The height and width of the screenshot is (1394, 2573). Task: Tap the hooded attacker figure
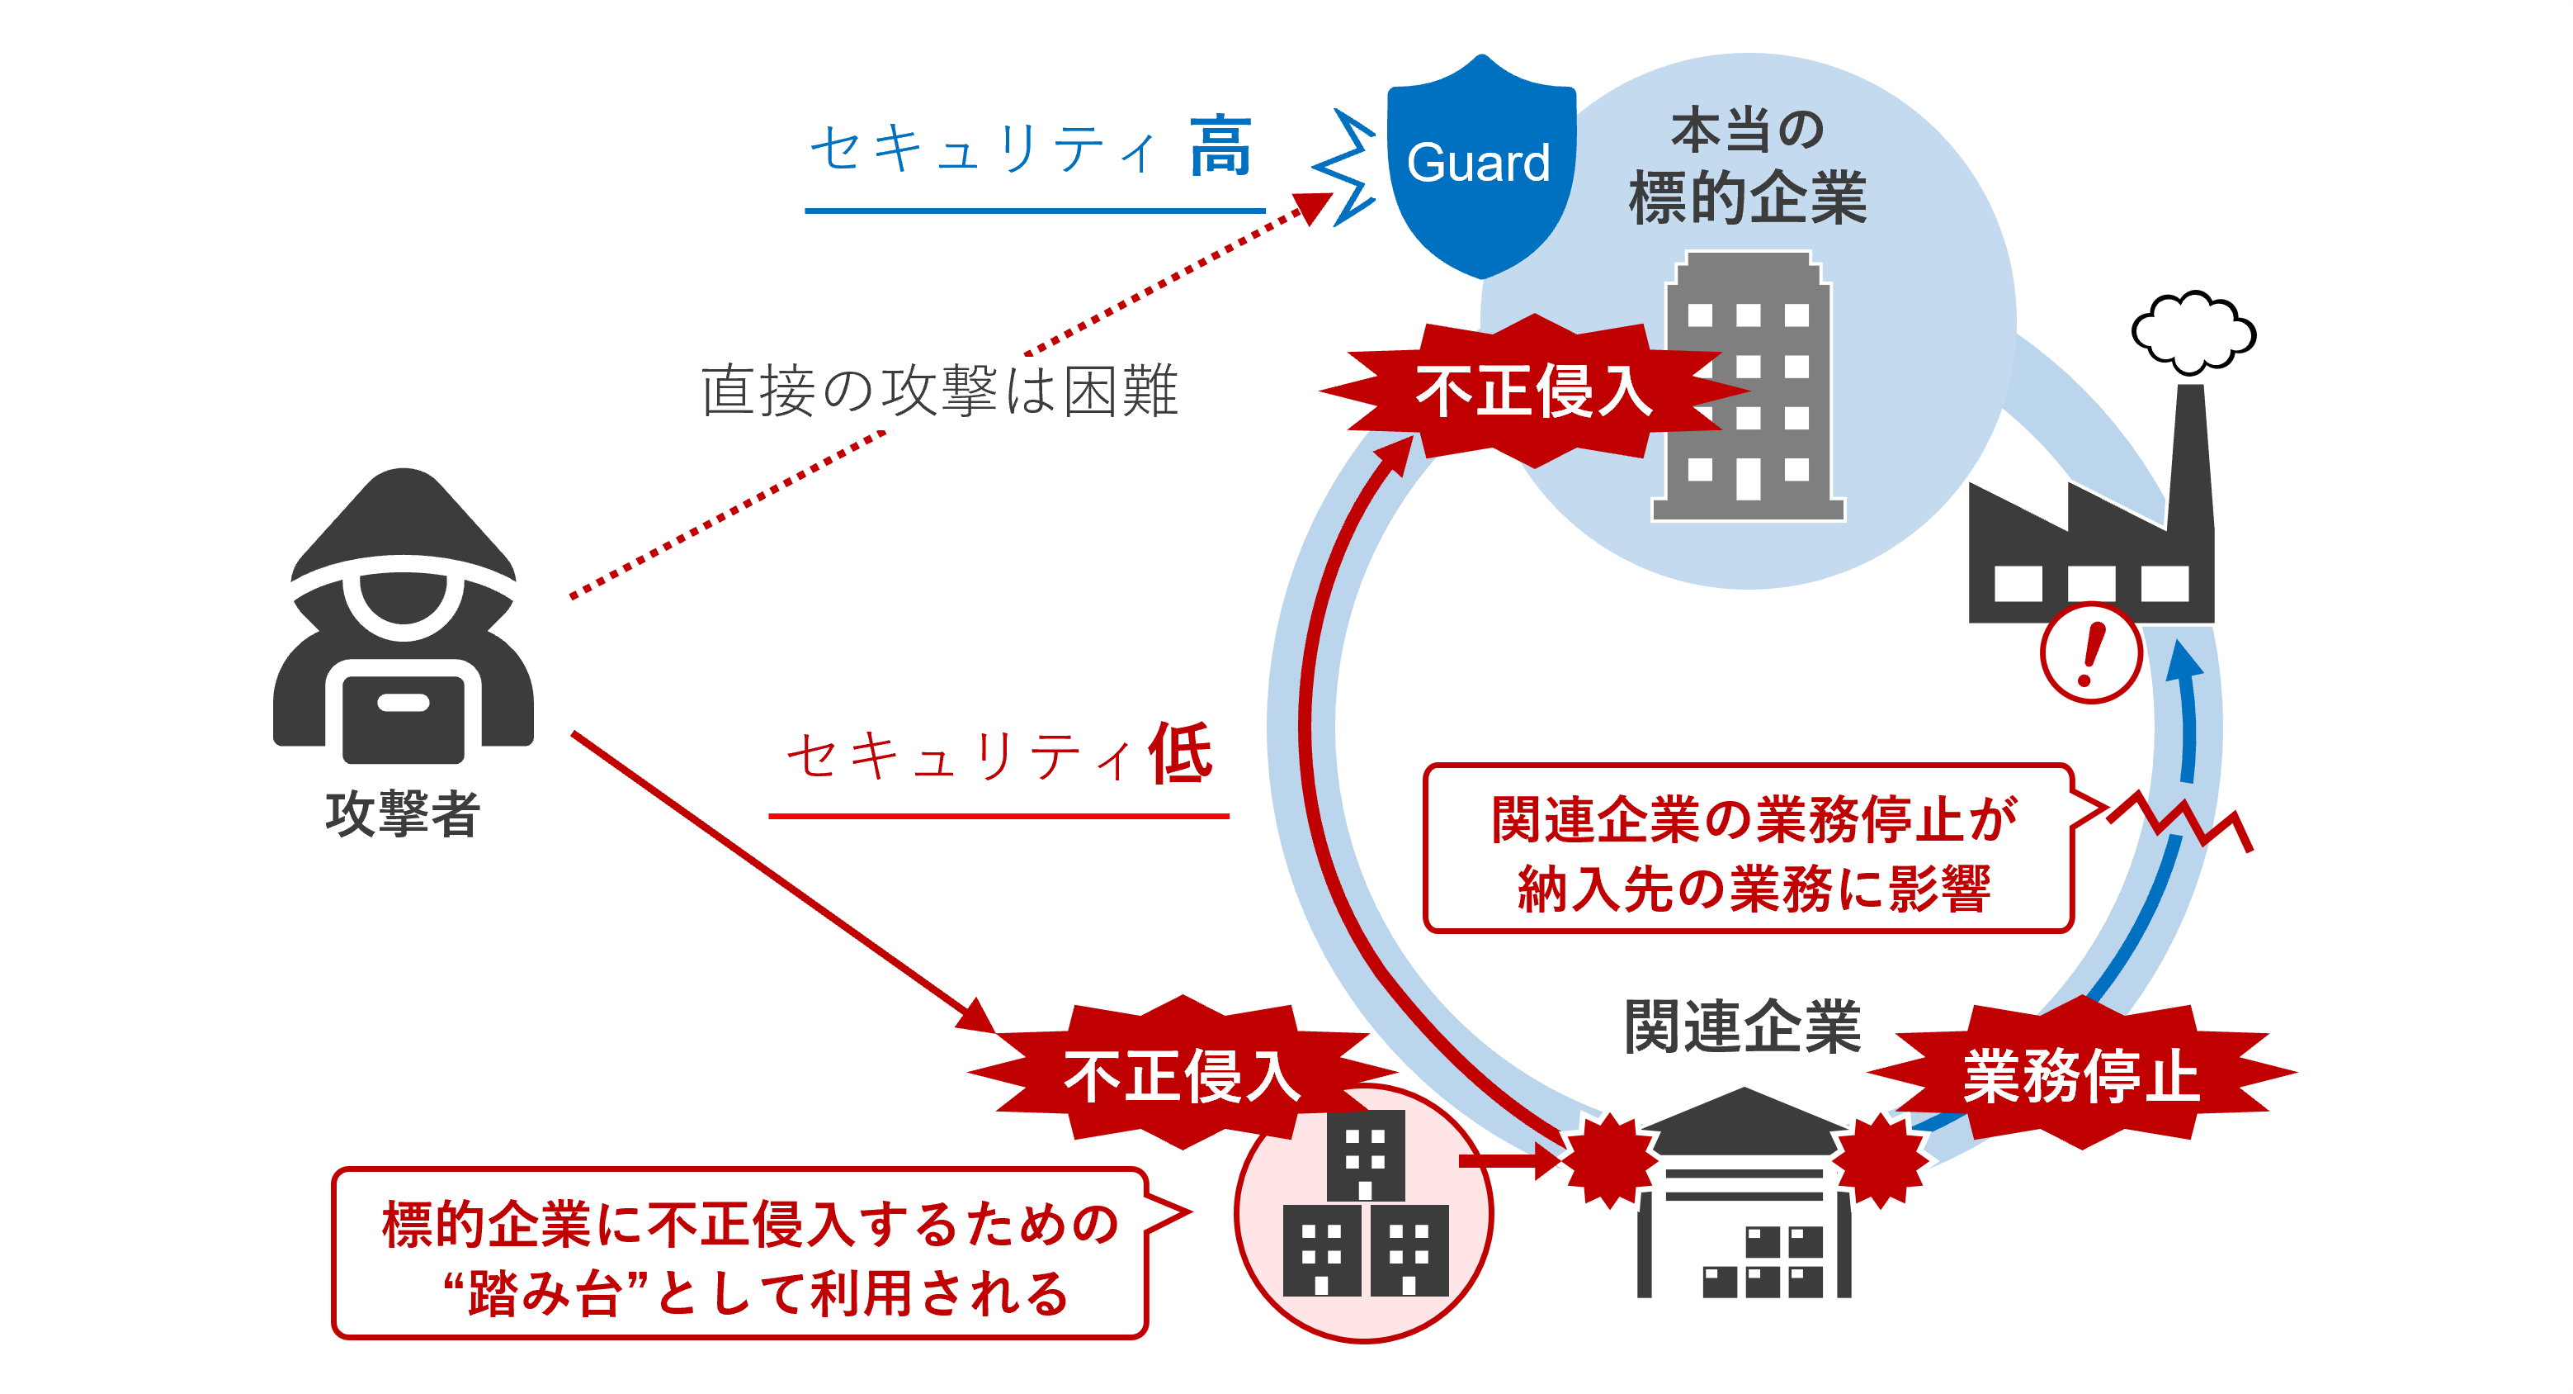tap(403, 619)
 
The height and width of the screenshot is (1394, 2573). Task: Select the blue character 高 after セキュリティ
tap(1220, 148)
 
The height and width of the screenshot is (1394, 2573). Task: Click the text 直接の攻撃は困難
tap(939, 391)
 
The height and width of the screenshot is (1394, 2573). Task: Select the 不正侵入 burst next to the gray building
tap(1533, 391)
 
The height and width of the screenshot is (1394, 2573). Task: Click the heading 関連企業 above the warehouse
tap(1742, 1027)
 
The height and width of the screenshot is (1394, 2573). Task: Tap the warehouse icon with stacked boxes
tap(1743, 1199)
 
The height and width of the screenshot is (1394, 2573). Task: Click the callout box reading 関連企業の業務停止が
tap(1748, 850)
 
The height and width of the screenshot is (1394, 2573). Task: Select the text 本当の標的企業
tap(1747, 166)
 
